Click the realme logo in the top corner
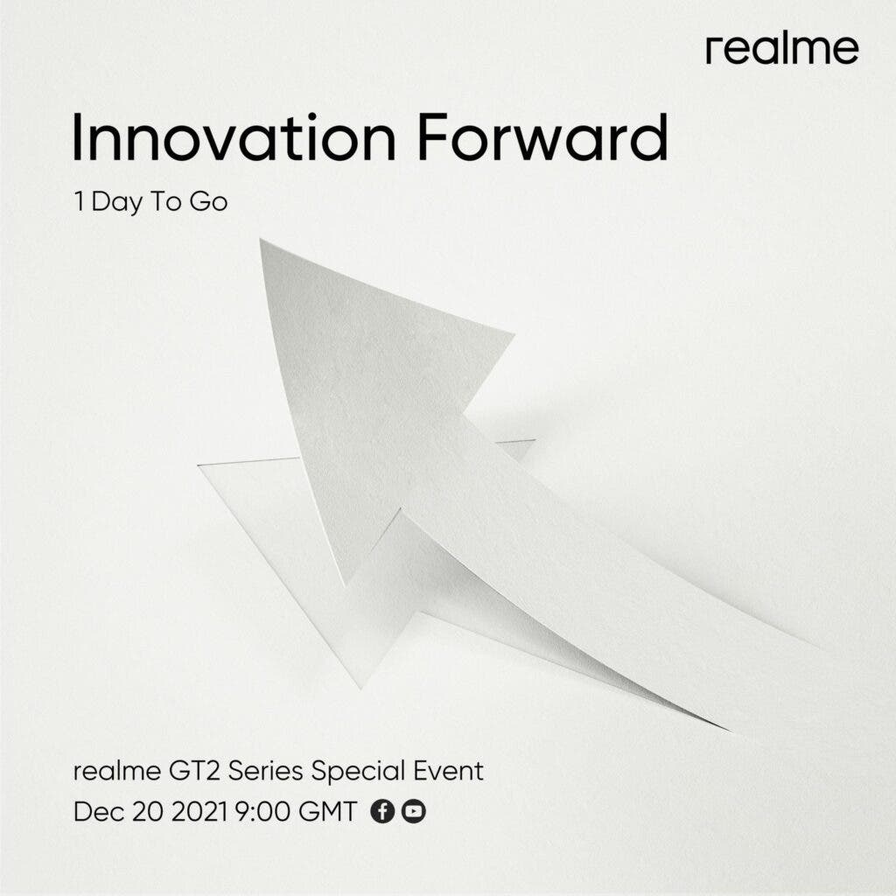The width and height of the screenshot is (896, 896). (781, 50)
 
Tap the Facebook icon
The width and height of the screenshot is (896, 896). (382, 811)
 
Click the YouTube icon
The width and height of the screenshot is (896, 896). (413, 811)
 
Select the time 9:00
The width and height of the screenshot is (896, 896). (262, 811)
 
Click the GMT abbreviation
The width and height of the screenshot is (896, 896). (328, 811)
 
